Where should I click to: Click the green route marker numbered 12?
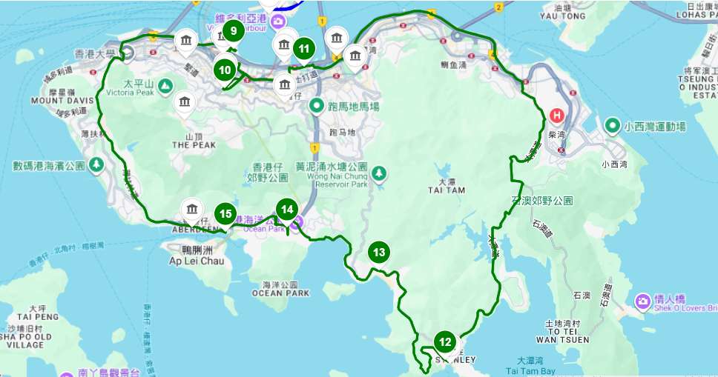pyautogui.click(x=444, y=342)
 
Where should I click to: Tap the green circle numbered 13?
pyautogui.click(x=379, y=253)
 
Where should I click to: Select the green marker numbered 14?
pyautogui.click(x=287, y=210)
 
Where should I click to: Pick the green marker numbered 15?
pyautogui.click(x=225, y=214)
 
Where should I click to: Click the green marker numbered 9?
pyautogui.click(x=234, y=31)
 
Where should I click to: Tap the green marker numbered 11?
pyautogui.click(x=304, y=50)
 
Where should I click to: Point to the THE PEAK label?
pyautogui.click(x=188, y=146)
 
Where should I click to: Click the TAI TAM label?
pyautogui.click(x=446, y=190)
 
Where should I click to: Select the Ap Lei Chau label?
pyautogui.click(x=192, y=261)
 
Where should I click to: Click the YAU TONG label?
pyautogui.click(x=558, y=15)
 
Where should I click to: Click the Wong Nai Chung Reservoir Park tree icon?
pyautogui.click(x=380, y=173)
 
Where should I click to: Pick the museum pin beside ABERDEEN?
pyautogui.click(x=193, y=209)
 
